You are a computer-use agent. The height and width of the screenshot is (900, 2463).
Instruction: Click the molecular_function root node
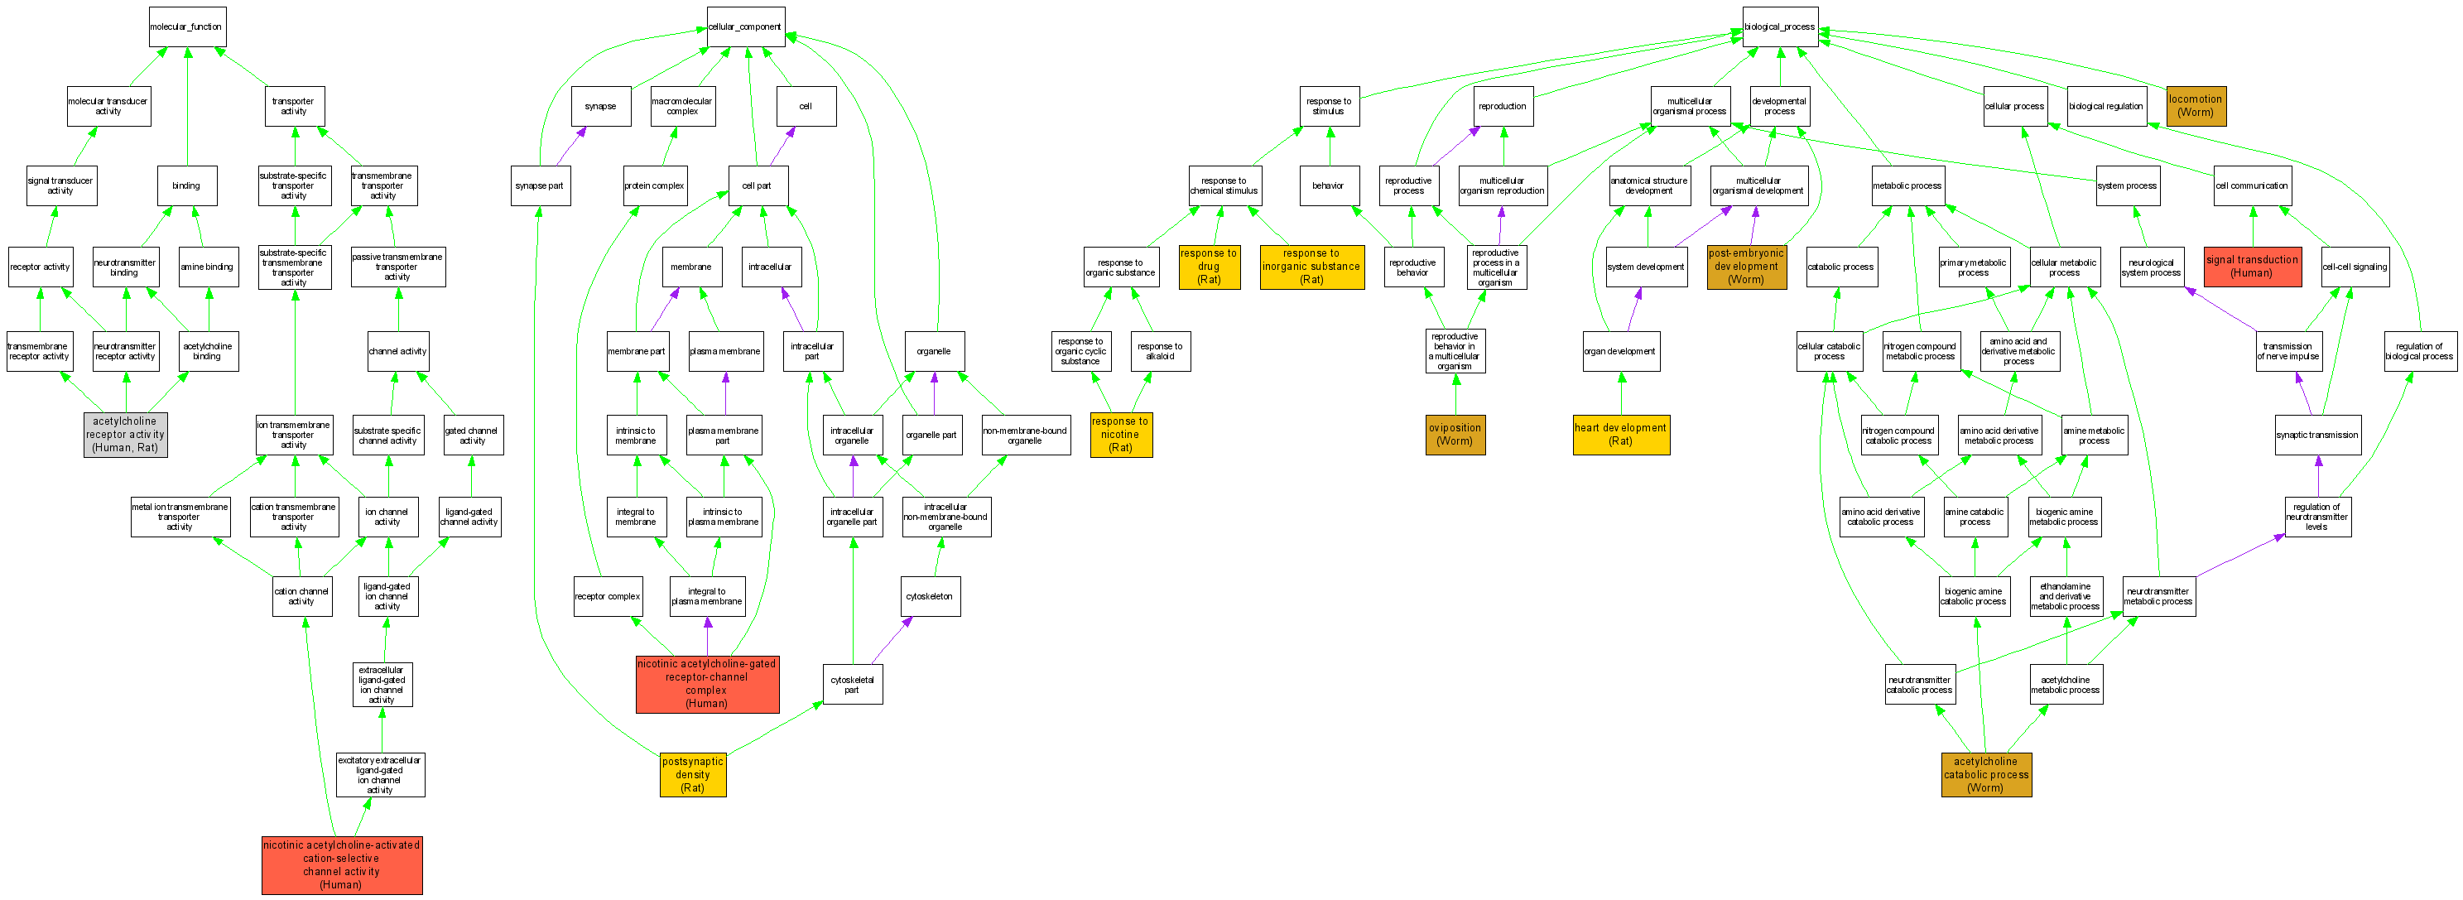pos(186,26)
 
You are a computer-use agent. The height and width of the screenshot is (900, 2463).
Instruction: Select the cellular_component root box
pos(745,26)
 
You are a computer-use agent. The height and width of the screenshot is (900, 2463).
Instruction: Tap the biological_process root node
pos(1778,26)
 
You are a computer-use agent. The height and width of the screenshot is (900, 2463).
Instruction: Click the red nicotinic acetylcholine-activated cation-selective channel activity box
pos(341,864)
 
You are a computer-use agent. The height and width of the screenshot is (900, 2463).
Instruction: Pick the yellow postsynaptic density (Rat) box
pos(692,775)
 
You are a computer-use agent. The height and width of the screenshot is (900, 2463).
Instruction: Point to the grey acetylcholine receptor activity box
pos(125,434)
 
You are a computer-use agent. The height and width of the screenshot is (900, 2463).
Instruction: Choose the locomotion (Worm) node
pos(2196,105)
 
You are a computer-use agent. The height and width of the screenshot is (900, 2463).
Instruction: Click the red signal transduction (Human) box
pos(2252,266)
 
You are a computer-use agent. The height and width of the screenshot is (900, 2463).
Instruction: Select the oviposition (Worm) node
pos(1455,434)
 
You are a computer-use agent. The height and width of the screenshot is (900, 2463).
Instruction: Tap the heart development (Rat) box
pos(1621,434)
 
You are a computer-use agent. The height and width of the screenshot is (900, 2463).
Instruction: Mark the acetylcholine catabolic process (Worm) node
pos(1986,775)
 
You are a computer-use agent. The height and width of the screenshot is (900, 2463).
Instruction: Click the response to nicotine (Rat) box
pos(1121,434)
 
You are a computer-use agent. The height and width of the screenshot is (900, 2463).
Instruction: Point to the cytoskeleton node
pos(930,596)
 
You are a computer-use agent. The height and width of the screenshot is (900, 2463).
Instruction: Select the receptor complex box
pos(607,596)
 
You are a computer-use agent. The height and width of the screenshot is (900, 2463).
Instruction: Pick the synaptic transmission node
pos(2316,434)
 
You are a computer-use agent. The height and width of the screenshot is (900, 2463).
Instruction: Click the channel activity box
pos(397,351)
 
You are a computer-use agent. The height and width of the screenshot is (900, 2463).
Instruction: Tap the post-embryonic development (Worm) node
pos(1746,267)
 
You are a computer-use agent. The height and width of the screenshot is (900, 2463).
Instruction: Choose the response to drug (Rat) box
pos(1209,267)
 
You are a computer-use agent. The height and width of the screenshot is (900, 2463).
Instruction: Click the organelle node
pos(934,351)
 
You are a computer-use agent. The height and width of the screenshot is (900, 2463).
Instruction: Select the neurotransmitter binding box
pos(125,267)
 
